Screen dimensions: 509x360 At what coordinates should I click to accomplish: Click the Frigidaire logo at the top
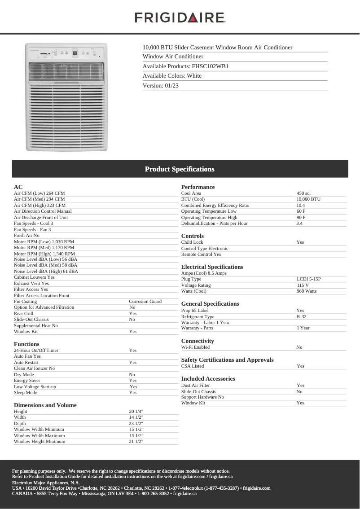coord(180,18)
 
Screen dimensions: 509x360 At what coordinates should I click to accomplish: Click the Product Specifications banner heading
coord(180,169)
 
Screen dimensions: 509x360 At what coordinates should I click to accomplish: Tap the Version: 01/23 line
coord(161,85)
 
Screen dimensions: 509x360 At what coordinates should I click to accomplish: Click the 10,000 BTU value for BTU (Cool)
coord(308,199)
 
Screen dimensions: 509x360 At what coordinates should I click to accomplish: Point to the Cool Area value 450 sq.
coord(303,193)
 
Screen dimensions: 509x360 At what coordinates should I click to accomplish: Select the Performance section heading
coord(198,187)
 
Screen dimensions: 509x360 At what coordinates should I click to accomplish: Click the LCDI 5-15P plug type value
coord(308,279)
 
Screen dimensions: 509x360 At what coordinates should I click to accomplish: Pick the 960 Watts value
coord(306,291)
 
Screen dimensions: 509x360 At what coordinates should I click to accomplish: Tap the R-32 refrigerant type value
coord(301,316)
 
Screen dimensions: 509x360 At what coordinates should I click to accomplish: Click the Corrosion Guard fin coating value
coord(145,302)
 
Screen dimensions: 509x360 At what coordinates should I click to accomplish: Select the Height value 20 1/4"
coord(136,412)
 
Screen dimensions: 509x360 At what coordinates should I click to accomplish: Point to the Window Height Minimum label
coord(40,442)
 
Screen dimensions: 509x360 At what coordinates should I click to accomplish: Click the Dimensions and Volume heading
coord(45,405)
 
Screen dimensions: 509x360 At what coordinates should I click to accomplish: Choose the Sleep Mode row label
coord(26,393)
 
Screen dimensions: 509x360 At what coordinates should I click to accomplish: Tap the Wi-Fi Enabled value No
coord(299,347)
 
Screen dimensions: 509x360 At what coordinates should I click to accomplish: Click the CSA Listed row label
coord(193,366)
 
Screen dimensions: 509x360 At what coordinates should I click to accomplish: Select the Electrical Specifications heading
coord(212,267)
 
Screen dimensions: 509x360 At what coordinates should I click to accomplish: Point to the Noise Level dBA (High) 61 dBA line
coord(46,271)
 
